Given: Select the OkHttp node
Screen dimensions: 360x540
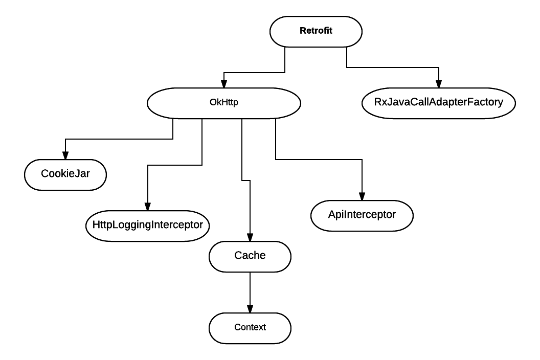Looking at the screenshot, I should click(224, 103).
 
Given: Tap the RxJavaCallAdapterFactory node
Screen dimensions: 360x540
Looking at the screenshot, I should click(438, 103).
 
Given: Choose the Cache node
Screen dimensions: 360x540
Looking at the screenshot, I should click(250, 255).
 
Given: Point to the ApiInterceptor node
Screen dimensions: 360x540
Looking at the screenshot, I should click(362, 215).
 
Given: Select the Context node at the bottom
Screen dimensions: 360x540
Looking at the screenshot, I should click(250, 327).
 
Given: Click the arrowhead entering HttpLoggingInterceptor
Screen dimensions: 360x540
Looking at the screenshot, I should click(147, 206).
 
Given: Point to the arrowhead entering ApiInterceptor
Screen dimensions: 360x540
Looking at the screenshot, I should click(362, 196).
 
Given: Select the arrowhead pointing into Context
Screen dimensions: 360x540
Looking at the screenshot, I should click(250, 308).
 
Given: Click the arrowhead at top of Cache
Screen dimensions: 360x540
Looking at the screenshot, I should click(250, 237).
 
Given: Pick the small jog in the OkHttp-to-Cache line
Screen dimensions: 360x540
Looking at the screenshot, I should click(245, 180).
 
